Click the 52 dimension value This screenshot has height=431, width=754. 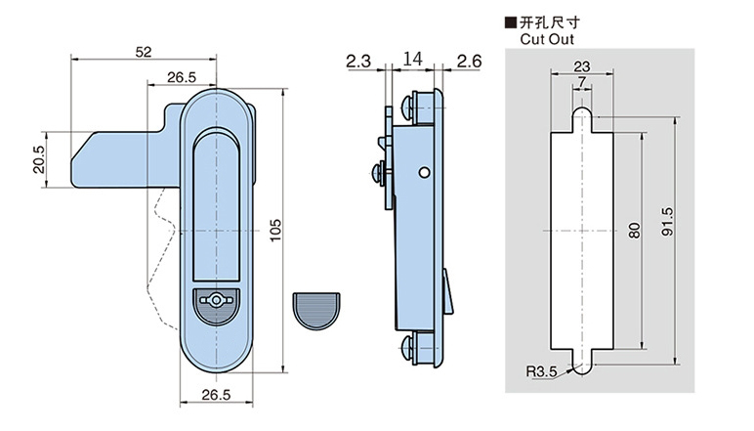coord(144,52)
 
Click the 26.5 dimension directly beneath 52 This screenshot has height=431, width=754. coord(182,77)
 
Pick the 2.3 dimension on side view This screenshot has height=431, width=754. coord(357,61)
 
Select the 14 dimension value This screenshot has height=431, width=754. coord(412,61)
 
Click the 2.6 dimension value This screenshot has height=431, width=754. coord(469,61)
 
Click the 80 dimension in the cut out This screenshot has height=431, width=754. coord(634,232)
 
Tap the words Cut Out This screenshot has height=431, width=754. coord(547,40)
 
